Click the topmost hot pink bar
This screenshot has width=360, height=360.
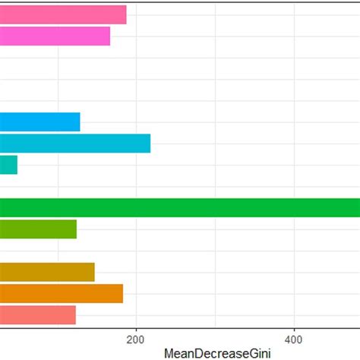(63, 14)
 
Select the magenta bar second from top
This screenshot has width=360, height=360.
(55, 36)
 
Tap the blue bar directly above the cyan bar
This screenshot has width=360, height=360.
(39, 122)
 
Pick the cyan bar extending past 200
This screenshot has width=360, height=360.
(75, 143)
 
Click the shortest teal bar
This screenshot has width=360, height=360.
(8, 164)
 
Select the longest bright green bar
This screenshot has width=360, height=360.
(180, 207)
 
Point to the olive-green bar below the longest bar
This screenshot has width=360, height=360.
(38, 229)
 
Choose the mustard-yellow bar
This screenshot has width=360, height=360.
(47, 272)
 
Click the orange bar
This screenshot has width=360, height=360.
(61, 293)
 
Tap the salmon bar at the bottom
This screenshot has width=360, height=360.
(38, 314)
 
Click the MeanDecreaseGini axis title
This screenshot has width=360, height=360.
(216, 353)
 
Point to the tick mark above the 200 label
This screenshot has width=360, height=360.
(136, 329)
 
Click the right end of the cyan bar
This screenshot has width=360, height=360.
(150, 143)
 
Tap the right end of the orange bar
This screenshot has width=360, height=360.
(122, 293)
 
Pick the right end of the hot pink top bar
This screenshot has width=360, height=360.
(125, 14)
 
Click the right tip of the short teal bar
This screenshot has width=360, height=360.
(17, 164)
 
